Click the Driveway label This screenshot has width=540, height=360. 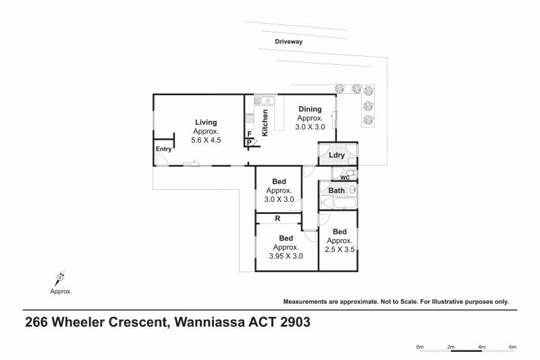tap(289, 42)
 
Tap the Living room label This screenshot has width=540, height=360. tap(206, 122)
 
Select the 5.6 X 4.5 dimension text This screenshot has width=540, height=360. tap(206, 140)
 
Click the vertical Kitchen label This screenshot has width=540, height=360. tap(265, 123)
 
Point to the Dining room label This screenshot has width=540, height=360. tap(310, 109)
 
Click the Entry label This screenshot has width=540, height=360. tap(163, 149)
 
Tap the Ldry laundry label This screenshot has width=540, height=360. tap(336, 155)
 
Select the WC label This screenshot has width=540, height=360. tap(345, 178)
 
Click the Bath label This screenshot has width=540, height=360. tap(336, 190)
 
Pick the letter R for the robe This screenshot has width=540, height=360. tap(277, 218)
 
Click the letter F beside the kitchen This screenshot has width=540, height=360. tap(250, 134)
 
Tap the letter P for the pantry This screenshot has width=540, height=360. tap(249, 143)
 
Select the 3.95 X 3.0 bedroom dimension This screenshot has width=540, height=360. tap(286, 256)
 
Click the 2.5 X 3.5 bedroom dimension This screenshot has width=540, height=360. tap(340, 249)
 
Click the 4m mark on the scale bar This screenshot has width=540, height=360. tap(481, 347)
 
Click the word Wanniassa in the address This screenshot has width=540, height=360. tap(209, 322)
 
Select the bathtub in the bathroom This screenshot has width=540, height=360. tap(345, 203)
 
